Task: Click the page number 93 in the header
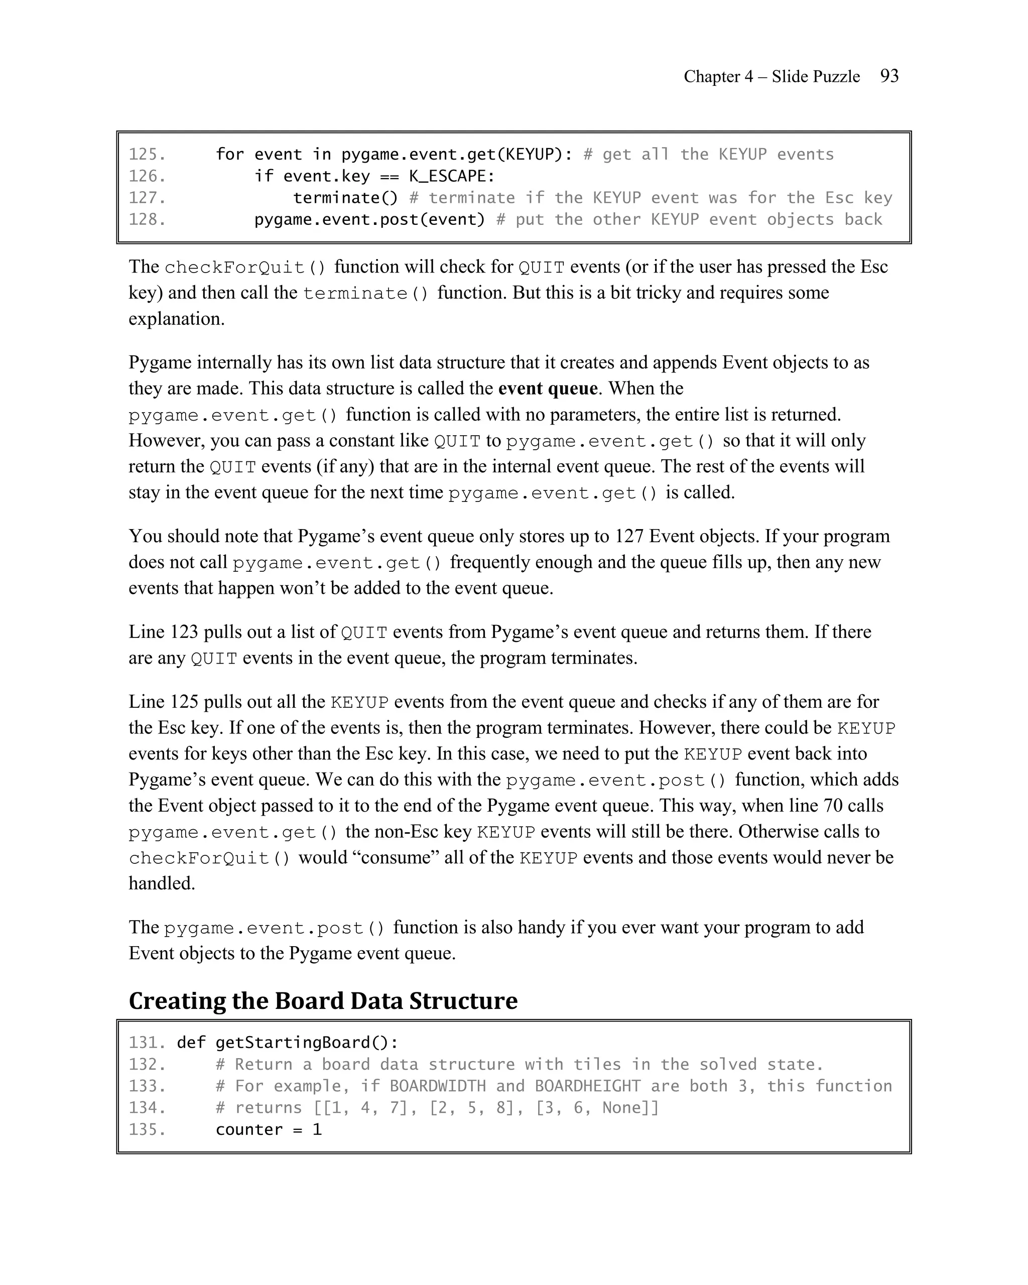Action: pos(889,76)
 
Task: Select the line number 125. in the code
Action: pos(147,155)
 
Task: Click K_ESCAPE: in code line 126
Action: pos(452,176)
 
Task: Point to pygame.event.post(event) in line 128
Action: pos(369,220)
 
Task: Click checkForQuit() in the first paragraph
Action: pos(245,267)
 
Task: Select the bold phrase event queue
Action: pos(548,389)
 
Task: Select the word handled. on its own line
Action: pos(162,883)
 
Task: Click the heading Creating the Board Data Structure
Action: pos(323,1001)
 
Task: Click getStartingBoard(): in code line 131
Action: pos(307,1043)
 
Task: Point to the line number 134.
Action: pos(147,1108)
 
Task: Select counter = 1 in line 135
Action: pos(268,1130)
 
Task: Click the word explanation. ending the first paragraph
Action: pos(176,319)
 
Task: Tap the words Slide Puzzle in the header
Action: pos(816,77)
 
